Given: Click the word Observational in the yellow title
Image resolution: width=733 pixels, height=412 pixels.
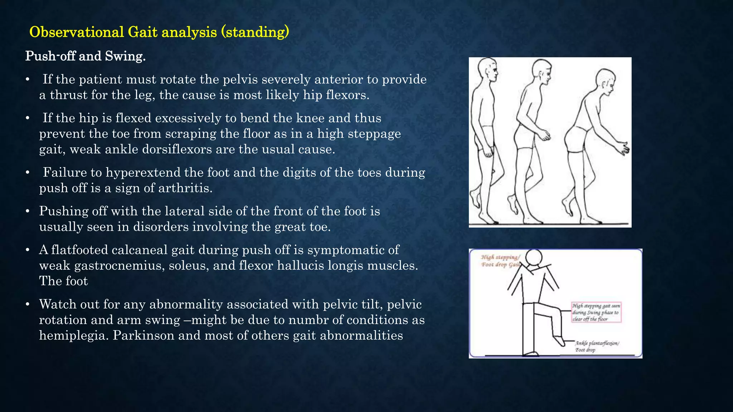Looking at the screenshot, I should click(x=76, y=32).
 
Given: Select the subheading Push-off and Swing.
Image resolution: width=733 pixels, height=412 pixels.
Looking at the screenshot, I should click(x=85, y=56).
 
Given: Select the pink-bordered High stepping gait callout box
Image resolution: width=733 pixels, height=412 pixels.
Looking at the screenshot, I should click(x=596, y=312).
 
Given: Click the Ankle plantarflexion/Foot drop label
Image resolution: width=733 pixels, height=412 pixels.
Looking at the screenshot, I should click(x=597, y=346).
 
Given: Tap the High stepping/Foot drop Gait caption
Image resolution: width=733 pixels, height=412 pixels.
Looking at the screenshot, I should click(x=500, y=261).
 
